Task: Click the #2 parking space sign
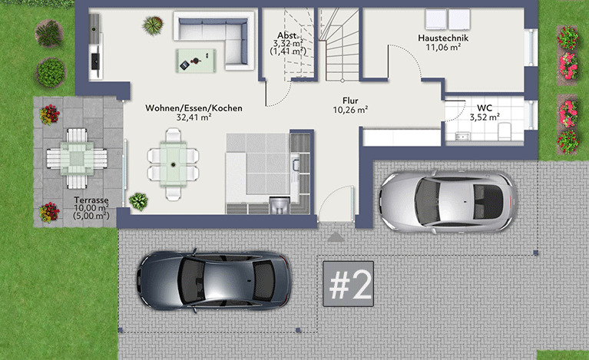click(x=348, y=284)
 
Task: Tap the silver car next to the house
click(x=448, y=202)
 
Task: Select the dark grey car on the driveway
click(x=213, y=280)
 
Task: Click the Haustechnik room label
click(x=443, y=38)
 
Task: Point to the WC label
click(x=485, y=108)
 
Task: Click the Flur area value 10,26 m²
click(x=350, y=110)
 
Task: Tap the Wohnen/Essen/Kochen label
click(x=194, y=108)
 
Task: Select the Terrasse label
click(x=91, y=200)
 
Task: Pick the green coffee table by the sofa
click(x=196, y=61)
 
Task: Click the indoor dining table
click(x=174, y=163)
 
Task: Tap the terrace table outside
click(x=77, y=158)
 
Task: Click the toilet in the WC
click(x=504, y=131)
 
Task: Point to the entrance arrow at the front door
click(x=335, y=236)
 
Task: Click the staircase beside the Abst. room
click(x=339, y=45)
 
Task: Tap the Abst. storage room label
click(x=289, y=36)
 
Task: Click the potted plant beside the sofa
click(x=153, y=25)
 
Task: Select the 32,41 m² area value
click(x=194, y=117)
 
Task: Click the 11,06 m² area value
click(x=443, y=48)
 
